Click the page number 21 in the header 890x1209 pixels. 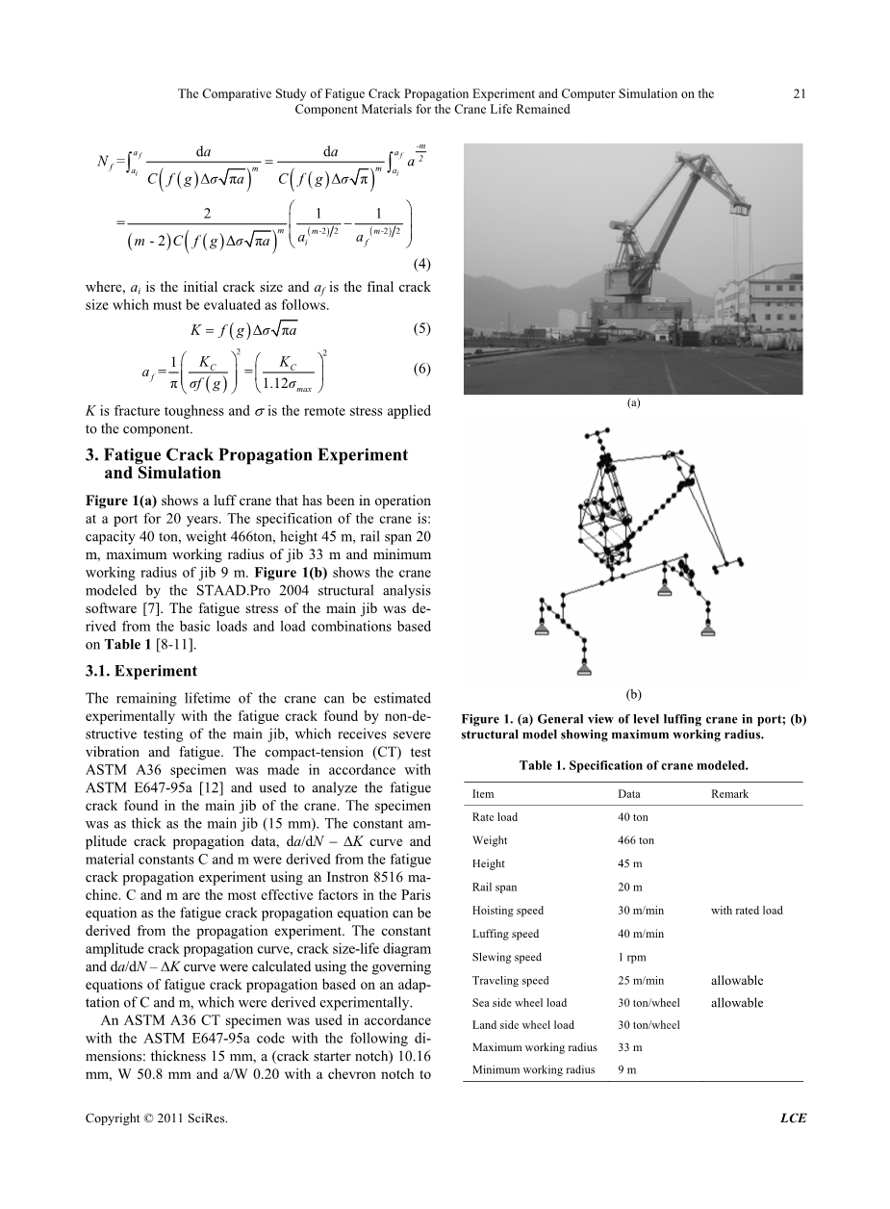click(799, 94)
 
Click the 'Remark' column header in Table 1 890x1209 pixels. click(729, 794)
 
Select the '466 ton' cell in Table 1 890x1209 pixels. click(635, 840)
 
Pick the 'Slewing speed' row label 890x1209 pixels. click(507, 957)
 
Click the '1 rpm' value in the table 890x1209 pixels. click(631, 957)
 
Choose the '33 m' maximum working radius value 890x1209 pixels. click(630, 1047)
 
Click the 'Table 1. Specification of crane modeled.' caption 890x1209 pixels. click(633, 765)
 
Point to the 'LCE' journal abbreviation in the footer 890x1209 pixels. click(793, 1118)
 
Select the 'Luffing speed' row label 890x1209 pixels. click(506, 934)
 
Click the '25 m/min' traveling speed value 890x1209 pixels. click(640, 981)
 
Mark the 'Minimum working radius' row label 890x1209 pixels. click(534, 1069)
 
